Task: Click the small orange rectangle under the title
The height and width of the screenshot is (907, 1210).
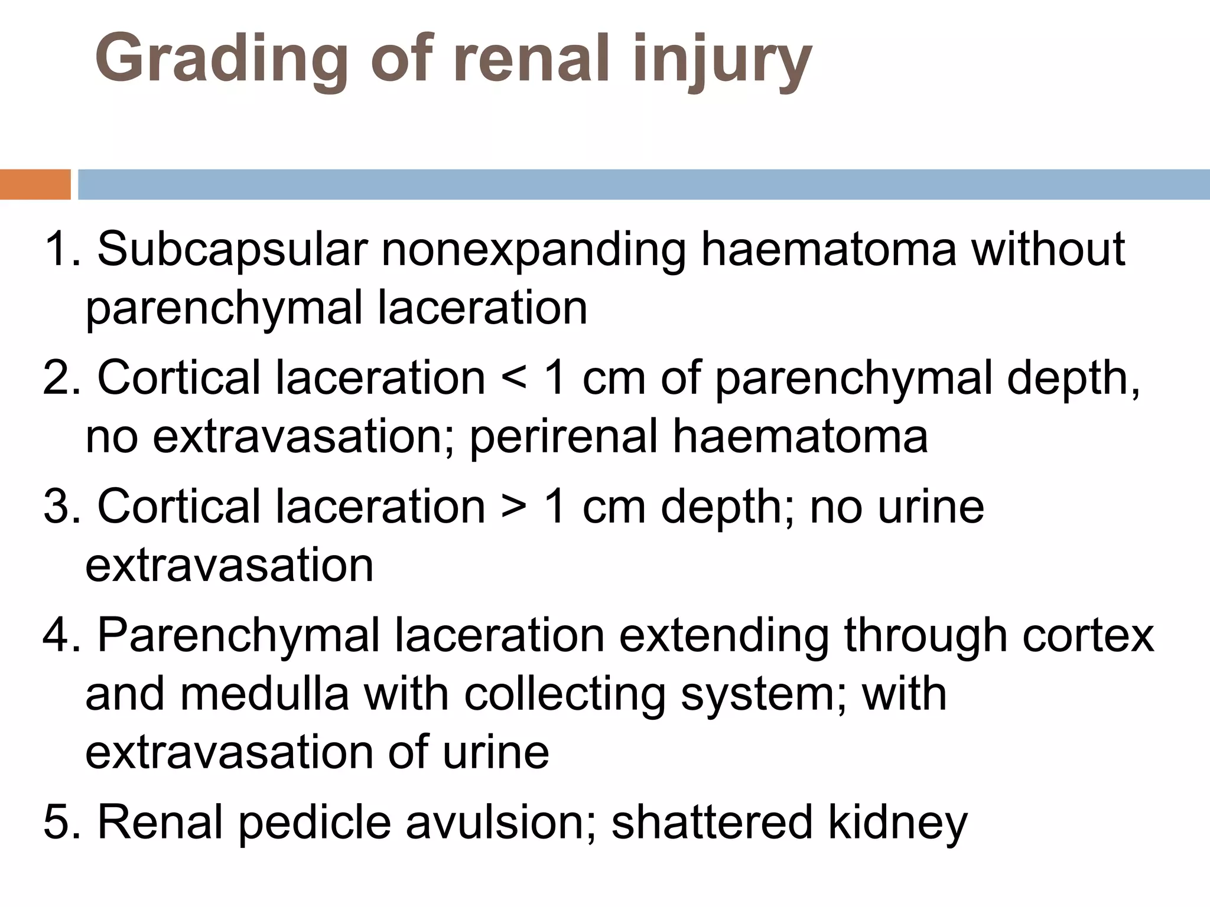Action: click(x=35, y=184)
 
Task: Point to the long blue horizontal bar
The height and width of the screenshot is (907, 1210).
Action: click(x=643, y=184)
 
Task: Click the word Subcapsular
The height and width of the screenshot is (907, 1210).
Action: click(x=233, y=250)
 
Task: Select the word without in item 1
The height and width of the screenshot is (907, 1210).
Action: click(x=1048, y=249)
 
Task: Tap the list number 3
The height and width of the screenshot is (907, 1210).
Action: click(x=56, y=507)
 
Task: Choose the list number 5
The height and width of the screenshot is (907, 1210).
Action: click(x=56, y=822)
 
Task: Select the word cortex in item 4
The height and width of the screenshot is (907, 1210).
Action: click(x=1088, y=635)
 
